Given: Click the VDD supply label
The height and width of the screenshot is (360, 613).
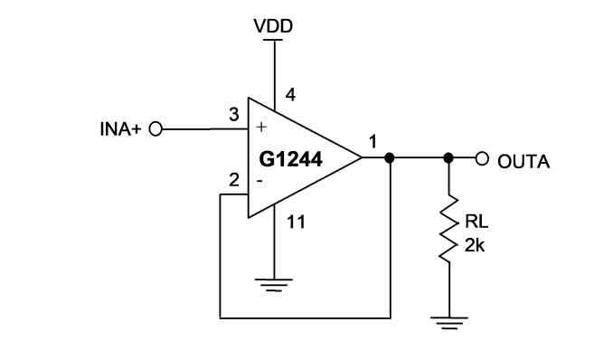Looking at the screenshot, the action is click(273, 26).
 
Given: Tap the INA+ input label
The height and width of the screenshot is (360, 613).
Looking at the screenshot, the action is click(120, 129).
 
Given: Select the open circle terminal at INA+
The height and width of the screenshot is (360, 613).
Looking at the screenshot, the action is click(156, 128).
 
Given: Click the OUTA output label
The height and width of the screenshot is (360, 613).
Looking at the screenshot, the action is click(523, 162).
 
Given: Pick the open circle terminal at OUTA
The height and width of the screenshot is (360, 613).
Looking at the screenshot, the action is click(482, 158).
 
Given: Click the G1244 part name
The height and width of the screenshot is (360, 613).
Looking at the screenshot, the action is click(290, 159).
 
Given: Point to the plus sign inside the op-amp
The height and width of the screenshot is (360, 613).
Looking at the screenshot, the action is click(261, 127).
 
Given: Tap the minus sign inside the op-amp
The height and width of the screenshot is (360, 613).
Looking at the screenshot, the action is click(259, 181).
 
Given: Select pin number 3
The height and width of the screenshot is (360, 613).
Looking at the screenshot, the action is click(234, 115).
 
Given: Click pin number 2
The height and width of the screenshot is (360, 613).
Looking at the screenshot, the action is click(234, 180).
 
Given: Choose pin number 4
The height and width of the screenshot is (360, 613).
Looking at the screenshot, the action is click(290, 95).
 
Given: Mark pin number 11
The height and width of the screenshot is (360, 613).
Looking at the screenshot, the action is click(296, 222).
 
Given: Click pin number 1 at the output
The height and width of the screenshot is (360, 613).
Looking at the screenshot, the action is click(373, 142).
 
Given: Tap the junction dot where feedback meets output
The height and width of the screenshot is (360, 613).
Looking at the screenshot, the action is click(390, 157).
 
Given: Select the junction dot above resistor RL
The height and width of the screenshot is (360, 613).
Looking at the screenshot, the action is click(448, 157).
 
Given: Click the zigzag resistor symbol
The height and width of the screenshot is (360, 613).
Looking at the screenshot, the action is click(448, 228).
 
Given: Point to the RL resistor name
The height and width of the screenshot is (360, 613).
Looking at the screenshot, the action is click(476, 222).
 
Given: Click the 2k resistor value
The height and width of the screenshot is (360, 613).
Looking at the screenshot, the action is click(475, 245).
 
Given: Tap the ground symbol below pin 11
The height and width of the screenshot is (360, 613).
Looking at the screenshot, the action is click(274, 285).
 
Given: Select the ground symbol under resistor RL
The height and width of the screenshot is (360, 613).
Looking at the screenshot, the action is click(449, 323).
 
